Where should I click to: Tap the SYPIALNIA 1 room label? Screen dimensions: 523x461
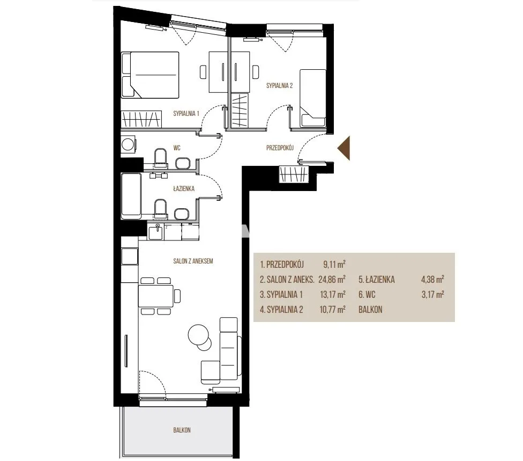186,114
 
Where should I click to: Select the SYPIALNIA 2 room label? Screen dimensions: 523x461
280,85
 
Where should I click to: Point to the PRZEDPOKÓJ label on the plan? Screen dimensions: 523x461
280,148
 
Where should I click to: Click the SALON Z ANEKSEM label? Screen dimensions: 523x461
193,261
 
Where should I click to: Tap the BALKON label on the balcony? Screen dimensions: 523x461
182,430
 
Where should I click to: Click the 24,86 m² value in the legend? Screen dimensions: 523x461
332,279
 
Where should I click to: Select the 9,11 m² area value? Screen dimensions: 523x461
334,265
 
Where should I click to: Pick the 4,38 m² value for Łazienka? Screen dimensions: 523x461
432,279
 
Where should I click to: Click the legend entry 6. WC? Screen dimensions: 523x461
367,295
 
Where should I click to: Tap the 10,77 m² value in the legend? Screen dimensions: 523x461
332,310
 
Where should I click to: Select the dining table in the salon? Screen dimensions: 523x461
156,296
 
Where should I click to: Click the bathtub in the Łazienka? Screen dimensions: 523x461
131,196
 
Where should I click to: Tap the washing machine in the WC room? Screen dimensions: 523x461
128,144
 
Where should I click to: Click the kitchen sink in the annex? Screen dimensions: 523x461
156,232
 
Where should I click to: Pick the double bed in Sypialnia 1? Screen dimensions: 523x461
150,75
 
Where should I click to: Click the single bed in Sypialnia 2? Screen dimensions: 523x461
312,98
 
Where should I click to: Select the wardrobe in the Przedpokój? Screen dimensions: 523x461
294,174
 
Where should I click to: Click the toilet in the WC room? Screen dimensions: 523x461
160,158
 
